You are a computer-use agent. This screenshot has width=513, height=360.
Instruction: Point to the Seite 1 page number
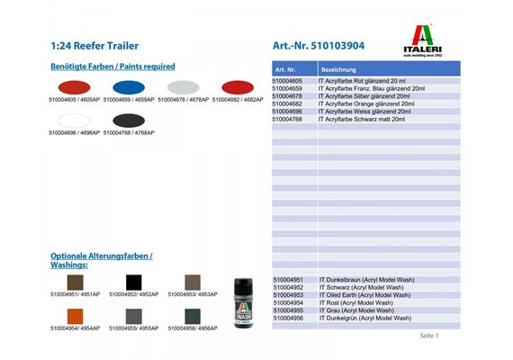click(428, 336)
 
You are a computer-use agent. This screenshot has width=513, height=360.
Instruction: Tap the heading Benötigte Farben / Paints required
click(113, 67)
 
